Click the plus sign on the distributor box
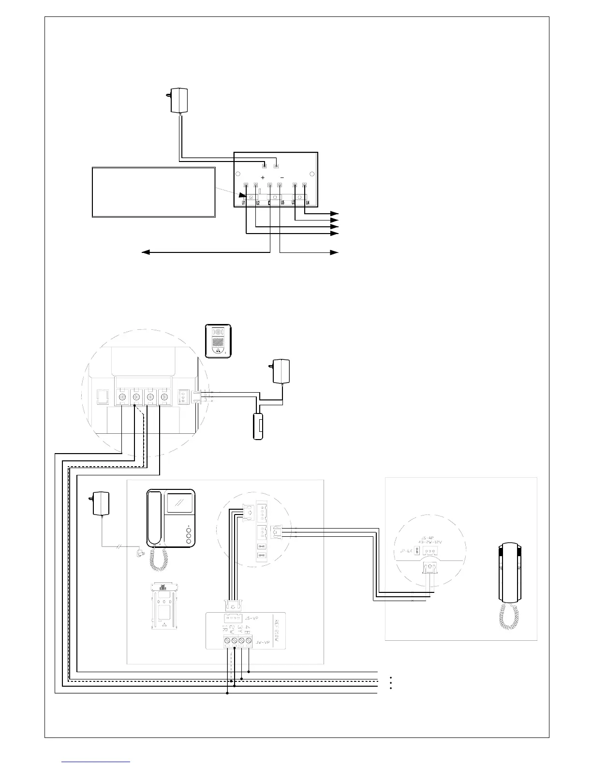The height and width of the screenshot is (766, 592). pos(263,177)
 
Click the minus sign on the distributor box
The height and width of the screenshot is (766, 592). pos(282,177)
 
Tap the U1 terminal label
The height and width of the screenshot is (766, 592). pos(245,203)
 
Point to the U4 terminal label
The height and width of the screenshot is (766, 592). pos(307,203)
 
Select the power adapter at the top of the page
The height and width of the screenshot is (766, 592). pos(179,100)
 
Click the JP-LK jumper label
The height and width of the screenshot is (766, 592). pos(405,551)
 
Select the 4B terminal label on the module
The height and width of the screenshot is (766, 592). pos(248,629)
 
